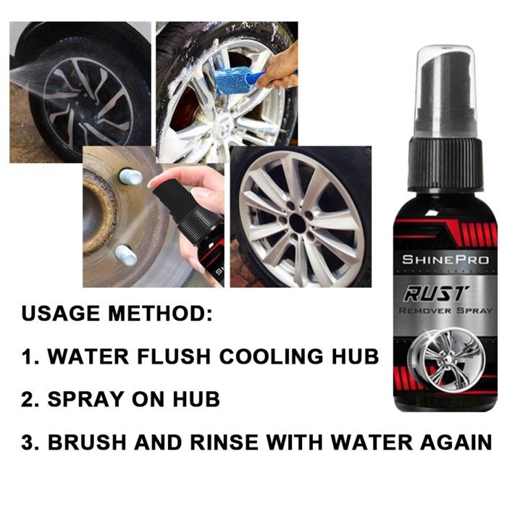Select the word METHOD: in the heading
pos(159,315)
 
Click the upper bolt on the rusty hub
pos(130,176)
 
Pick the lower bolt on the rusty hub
pos(125,255)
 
